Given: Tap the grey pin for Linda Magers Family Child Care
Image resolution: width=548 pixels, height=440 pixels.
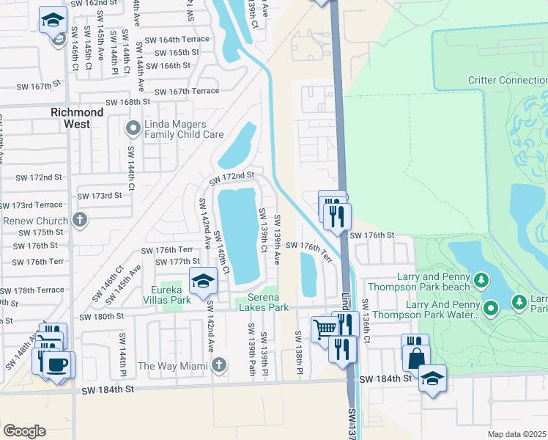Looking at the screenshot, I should (x=133, y=128).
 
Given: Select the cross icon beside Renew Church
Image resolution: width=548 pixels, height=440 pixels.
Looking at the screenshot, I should (x=79, y=219).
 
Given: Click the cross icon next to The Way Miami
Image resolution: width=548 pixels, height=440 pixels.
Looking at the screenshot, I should (x=218, y=365).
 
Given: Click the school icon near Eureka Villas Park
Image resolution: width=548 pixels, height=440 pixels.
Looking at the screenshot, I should (x=203, y=279).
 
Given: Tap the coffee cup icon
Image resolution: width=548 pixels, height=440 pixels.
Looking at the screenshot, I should (x=58, y=363).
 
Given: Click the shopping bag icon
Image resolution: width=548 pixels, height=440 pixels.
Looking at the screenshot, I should (x=415, y=359).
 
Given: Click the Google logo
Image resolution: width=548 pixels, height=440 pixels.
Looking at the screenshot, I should (x=24, y=430).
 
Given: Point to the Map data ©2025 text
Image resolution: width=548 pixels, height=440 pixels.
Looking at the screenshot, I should (x=516, y=434).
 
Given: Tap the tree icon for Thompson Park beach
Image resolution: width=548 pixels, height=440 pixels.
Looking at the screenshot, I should (x=481, y=279).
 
